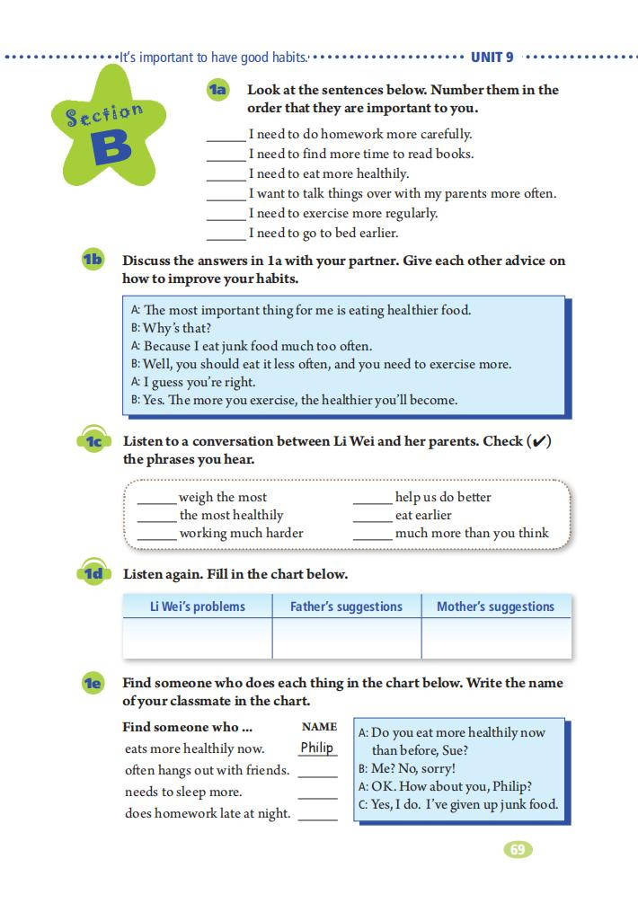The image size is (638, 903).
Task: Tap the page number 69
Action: [x=518, y=849]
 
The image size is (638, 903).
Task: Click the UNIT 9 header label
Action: [x=492, y=58]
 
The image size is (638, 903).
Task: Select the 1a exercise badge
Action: [x=218, y=90]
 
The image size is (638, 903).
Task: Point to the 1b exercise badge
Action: [x=93, y=261]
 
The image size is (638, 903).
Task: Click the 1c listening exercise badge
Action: [x=93, y=441]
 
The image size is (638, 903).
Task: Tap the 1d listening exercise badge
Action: [x=93, y=574]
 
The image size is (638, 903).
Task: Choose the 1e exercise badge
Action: [x=93, y=684]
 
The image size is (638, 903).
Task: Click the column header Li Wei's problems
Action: [x=197, y=606]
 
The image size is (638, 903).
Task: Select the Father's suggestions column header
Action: [x=346, y=606]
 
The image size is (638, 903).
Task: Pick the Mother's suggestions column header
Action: [x=495, y=606]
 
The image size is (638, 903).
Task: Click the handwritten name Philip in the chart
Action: [x=317, y=748]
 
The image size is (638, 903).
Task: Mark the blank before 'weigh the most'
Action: [x=156, y=500]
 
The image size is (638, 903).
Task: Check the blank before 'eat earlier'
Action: [x=372, y=518]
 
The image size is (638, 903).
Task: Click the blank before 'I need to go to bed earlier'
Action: [x=226, y=236]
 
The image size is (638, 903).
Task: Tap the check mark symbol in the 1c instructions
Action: [x=539, y=441]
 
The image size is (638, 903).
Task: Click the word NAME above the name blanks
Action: [x=319, y=727]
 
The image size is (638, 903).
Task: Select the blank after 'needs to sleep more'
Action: [x=317, y=795]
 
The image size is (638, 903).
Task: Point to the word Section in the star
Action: [x=104, y=115]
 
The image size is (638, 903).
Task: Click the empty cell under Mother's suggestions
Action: [x=496, y=638]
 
